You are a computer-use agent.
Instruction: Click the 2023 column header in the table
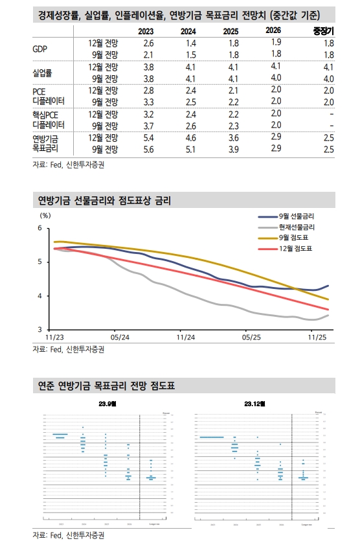point(147,31)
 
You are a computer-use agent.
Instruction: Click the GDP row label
point(40,49)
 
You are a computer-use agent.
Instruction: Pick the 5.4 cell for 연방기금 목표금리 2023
point(147,138)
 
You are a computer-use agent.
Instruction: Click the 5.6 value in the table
point(147,150)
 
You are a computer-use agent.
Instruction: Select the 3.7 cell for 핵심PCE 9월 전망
point(147,126)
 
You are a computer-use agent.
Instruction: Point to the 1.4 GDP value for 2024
point(189,43)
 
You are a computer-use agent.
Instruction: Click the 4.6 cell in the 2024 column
point(189,138)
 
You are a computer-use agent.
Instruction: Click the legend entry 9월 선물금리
point(297,216)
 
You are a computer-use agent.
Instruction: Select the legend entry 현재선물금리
point(297,227)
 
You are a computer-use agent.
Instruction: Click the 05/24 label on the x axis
point(120,338)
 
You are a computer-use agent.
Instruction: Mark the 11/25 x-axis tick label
point(316,338)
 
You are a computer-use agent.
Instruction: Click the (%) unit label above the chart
point(45,215)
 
